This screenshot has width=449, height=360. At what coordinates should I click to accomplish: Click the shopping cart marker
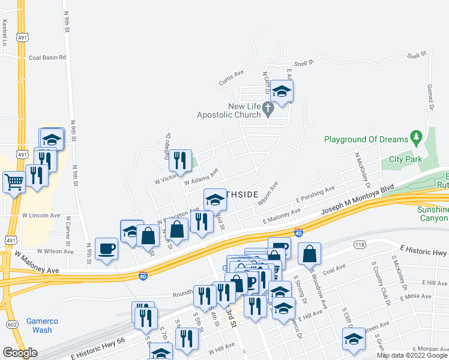coord(14,181)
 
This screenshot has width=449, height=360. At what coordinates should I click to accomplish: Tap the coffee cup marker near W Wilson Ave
coord(107,248)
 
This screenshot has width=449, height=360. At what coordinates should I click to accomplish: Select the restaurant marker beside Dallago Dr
coord(180,160)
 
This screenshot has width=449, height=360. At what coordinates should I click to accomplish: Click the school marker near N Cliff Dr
coord(281,92)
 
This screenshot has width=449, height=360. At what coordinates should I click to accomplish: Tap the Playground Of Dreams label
coord(366,139)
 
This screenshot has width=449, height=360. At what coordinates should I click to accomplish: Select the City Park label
coord(405,159)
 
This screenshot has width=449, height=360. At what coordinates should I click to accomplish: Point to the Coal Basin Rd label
coord(47,58)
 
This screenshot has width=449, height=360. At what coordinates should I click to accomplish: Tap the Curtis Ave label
coord(231,77)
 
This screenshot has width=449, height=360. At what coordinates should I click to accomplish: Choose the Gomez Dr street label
coord(430,97)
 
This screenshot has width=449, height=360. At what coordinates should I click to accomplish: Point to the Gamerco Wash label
coord(42,325)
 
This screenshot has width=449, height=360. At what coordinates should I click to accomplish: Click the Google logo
coord(20,353)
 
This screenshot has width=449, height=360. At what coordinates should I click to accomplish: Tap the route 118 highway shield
coord(360,245)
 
